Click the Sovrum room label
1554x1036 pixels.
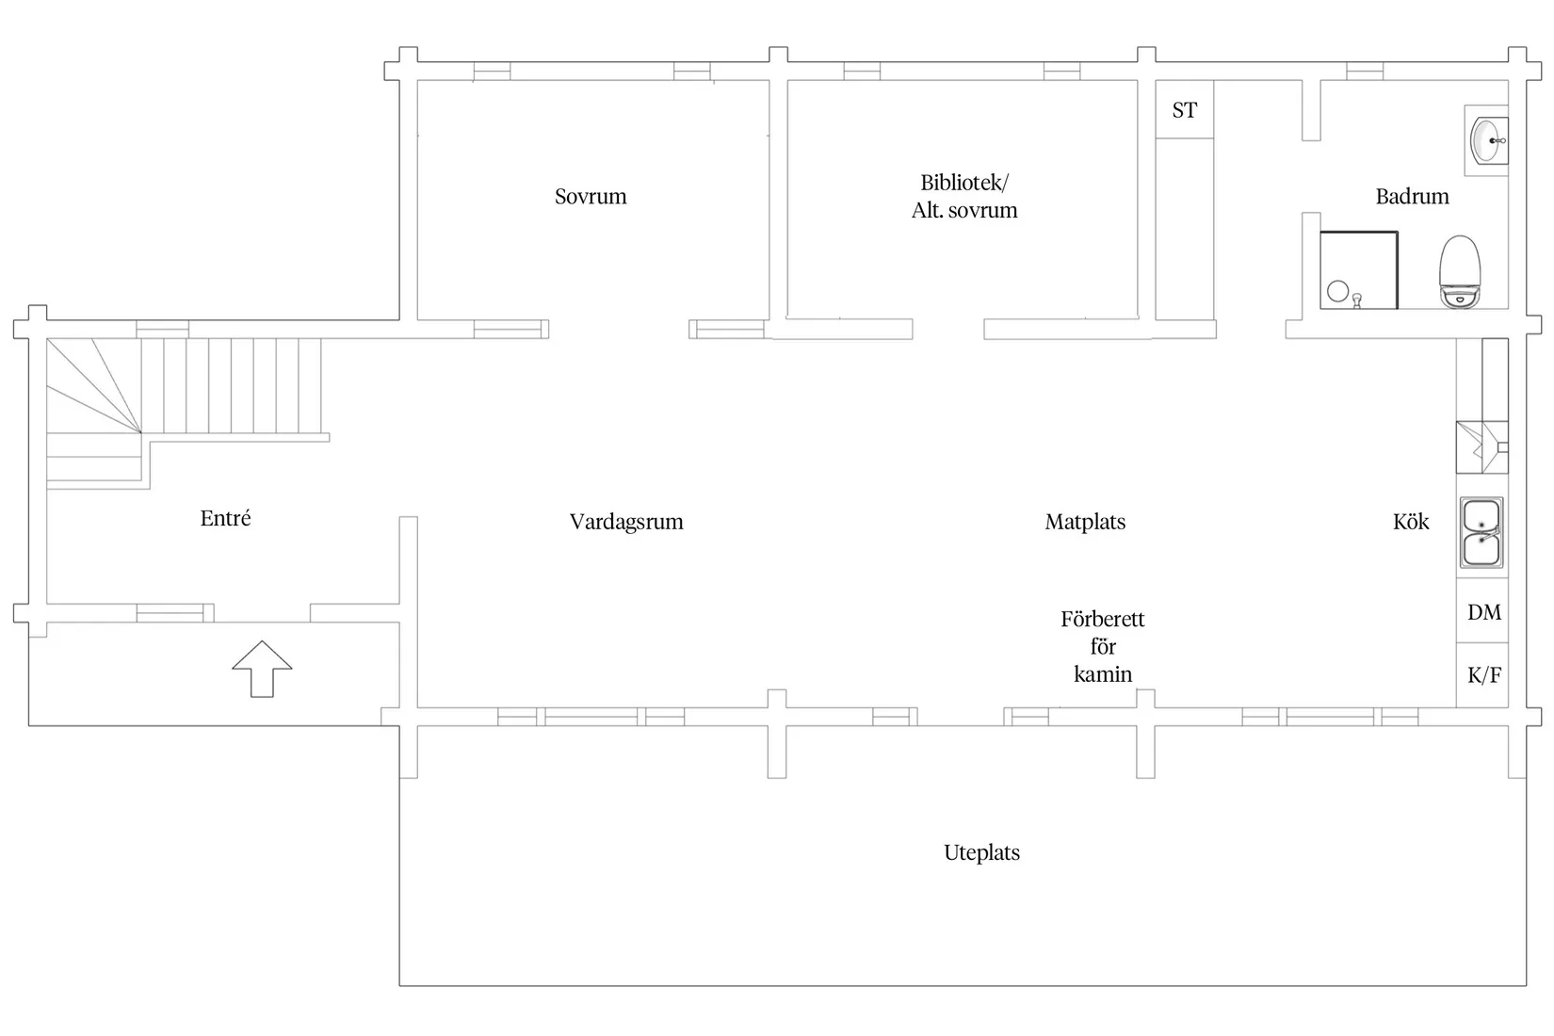591,197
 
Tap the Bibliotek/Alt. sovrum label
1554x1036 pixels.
964,197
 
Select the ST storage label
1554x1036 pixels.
1184,109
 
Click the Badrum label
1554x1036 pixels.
1412,197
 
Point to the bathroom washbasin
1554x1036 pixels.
1487,141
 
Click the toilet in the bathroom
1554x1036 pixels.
1460,271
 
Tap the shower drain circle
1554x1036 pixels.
1337,291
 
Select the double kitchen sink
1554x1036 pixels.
1481,532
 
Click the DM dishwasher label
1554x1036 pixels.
1484,612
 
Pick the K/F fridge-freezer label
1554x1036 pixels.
1484,674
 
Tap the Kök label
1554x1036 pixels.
1411,521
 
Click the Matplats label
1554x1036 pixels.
1085,522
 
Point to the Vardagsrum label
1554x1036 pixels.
626,522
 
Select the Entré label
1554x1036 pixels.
225,518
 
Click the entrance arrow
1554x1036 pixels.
262,669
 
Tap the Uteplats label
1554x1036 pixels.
981,852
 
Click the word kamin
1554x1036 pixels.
1102,673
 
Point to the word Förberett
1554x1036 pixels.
1102,618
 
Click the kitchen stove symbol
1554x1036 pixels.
1481,447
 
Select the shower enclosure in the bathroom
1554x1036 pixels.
1358,270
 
